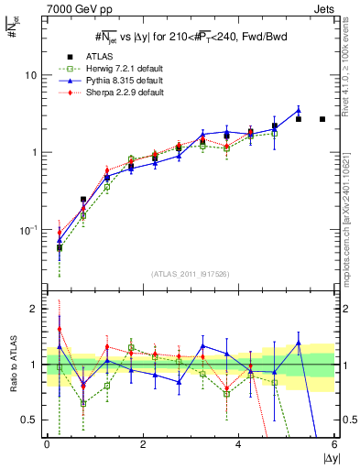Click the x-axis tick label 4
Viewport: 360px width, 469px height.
click(x=239, y=445)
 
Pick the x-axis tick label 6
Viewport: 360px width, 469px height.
click(x=334, y=445)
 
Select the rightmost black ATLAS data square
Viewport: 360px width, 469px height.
click(x=322, y=119)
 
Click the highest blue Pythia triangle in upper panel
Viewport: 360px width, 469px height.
click(x=298, y=111)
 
